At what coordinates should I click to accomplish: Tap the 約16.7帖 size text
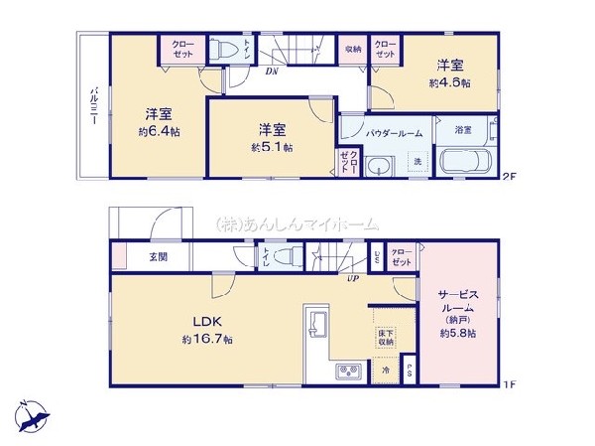tap(206, 340)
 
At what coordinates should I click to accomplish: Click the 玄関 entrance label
tap(159, 257)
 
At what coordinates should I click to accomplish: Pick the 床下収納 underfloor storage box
tap(385, 336)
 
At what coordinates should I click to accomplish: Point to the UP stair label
tap(352, 279)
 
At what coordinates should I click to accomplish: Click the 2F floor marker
tap(509, 177)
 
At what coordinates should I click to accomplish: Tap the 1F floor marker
tap(509, 383)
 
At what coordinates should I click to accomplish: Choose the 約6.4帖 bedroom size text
tap(158, 130)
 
